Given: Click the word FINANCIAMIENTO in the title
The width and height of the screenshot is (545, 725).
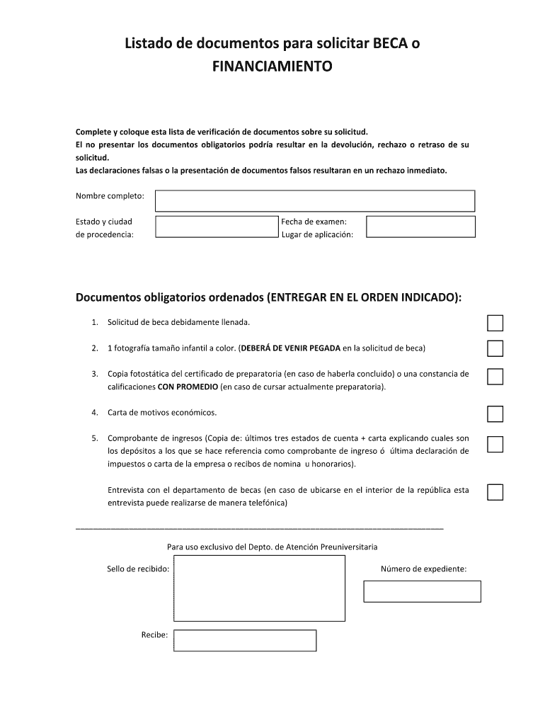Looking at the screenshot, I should (272, 67).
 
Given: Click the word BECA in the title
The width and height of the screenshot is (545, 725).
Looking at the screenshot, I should (385, 44).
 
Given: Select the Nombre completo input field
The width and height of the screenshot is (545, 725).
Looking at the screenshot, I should (314, 200).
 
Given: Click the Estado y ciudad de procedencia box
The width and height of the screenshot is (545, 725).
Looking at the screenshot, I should (217, 227).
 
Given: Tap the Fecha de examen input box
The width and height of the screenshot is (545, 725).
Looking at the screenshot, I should (420, 227).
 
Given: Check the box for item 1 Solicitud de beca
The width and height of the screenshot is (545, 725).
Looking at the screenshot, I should (495, 323).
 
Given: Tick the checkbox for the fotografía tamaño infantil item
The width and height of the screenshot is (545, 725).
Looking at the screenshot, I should (495, 348).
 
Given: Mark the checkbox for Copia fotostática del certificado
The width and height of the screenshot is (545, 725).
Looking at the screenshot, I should (495, 376).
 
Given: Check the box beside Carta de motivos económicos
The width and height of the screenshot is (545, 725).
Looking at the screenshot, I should (495, 413).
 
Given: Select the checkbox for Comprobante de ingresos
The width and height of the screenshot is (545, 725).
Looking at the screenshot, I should (495, 444).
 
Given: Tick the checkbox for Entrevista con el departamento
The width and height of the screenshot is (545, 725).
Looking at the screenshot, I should (495, 492).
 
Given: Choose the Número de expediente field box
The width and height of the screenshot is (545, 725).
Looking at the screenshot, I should (422, 591).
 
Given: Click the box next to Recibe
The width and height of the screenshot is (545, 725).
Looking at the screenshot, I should (245, 640).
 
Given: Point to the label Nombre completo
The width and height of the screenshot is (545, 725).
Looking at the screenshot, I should (110, 195).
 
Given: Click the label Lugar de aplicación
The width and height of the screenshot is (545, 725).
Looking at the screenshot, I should (316, 234).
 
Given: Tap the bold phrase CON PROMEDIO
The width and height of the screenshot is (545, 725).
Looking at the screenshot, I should (188, 387).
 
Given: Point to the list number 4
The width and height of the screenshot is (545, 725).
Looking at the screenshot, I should (94, 412).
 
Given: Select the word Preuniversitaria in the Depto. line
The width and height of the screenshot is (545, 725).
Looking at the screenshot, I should (349, 547).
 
